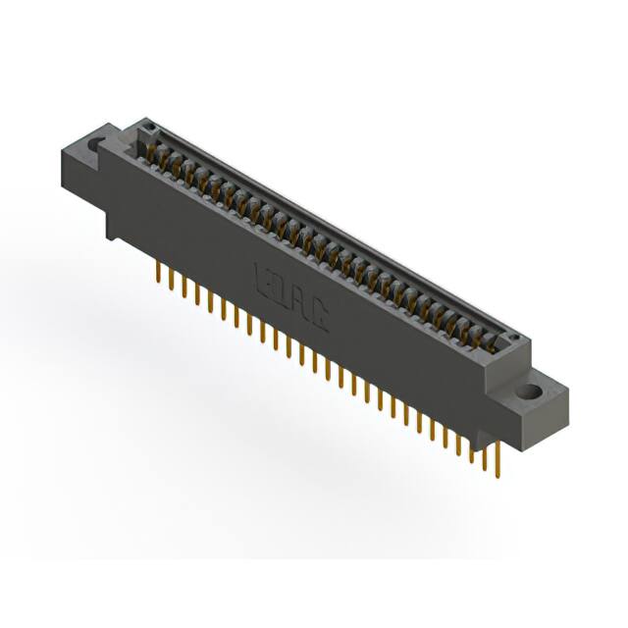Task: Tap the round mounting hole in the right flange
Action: click(x=530, y=392)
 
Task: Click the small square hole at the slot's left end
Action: click(x=149, y=129)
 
